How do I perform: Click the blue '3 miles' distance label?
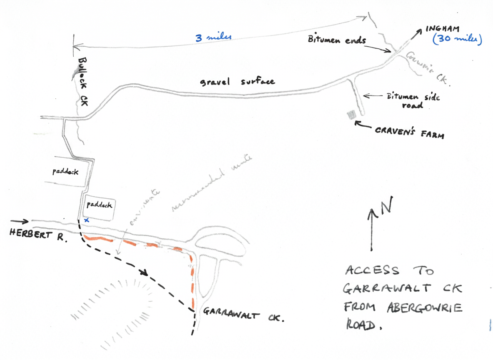point(213,37)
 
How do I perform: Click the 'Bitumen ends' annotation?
point(337,40)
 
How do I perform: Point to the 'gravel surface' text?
point(237,81)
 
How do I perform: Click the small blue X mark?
point(86,220)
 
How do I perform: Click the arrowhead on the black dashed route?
point(145,273)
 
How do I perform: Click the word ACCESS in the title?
point(372,271)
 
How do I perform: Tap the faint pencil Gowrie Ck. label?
point(429,69)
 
